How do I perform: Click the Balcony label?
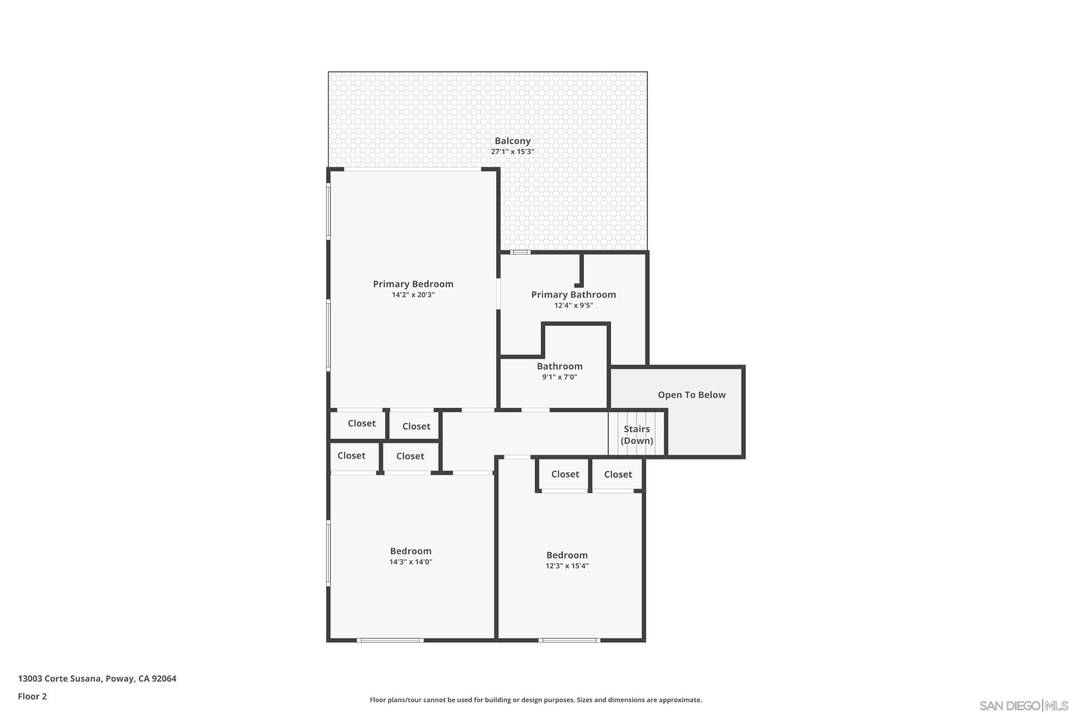click(512, 141)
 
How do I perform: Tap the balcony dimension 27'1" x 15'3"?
click(512, 151)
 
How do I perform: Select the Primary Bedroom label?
click(413, 284)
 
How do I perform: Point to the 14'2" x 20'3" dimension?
click(413, 294)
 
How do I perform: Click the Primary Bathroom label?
click(574, 294)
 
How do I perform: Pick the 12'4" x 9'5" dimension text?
click(574, 306)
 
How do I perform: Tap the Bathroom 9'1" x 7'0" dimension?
click(559, 377)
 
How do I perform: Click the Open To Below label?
click(691, 395)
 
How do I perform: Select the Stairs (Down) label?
click(636, 435)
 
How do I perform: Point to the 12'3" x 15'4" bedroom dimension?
click(567, 566)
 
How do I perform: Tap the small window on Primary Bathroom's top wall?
click(520, 252)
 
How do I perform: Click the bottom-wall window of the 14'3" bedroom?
click(390, 640)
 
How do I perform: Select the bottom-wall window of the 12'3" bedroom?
click(569, 640)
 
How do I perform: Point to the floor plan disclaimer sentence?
click(536, 700)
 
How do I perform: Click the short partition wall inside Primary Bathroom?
click(581, 270)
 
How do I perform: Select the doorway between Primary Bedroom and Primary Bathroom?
click(498, 294)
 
